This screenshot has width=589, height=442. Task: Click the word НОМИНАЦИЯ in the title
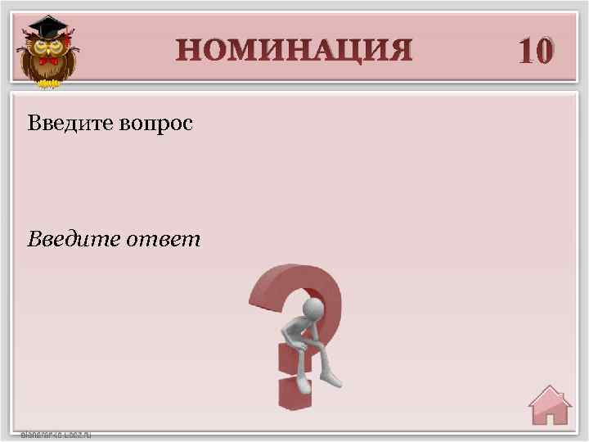click(x=294, y=50)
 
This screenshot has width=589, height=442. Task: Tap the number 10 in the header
click(x=536, y=51)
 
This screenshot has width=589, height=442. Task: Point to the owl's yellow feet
click(x=47, y=83)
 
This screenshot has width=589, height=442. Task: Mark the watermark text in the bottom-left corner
click(x=56, y=435)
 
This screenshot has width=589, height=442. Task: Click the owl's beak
click(x=47, y=51)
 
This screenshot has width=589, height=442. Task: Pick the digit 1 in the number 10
click(x=525, y=51)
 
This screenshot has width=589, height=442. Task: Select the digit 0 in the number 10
click(x=546, y=51)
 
